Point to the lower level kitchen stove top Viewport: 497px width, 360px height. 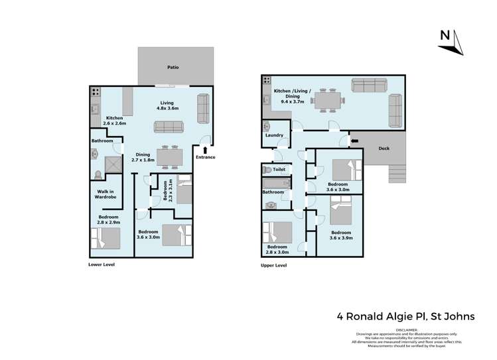click(x=96, y=92)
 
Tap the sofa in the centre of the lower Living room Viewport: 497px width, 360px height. click(x=169, y=126)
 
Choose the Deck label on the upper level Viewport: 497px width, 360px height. click(x=384, y=149)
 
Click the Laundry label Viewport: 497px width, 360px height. click(x=274, y=135)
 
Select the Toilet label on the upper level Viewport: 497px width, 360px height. click(x=279, y=170)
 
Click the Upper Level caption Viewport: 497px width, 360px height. click(x=273, y=265)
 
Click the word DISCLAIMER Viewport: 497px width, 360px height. click(x=407, y=329)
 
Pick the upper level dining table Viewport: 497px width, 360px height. click(x=330, y=100)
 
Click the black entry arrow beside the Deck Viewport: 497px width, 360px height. click(x=353, y=141)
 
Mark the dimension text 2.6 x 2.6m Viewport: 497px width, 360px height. click(x=114, y=123)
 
